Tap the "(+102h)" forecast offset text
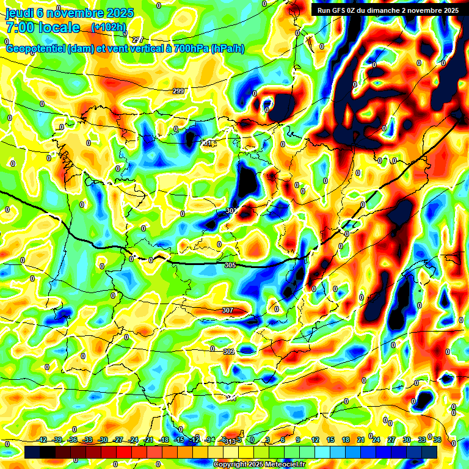pyautogui.click(x=109, y=27)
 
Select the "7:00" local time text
pyautogui.click(x=20, y=27)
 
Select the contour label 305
pyautogui.click(x=230, y=265)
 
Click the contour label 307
pyautogui.click(x=227, y=310)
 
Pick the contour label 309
pyautogui.click(x=229, y=352)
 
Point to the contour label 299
pyautogui.click(x=178, y=91)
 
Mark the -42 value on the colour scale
pyautogui.click(x=42, y=440)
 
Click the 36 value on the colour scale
pyautogui.click(x=437, y=440)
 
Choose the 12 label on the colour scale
pyautogui.click(x=315, y=440)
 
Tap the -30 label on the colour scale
pyautogui.click(x=103, y=440)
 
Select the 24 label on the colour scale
pyautogui.click(x=376, y=440)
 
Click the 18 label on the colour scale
pyautogui.click(x=346, y=440)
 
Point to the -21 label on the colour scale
pyautogui.click(x=148, y=440)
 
